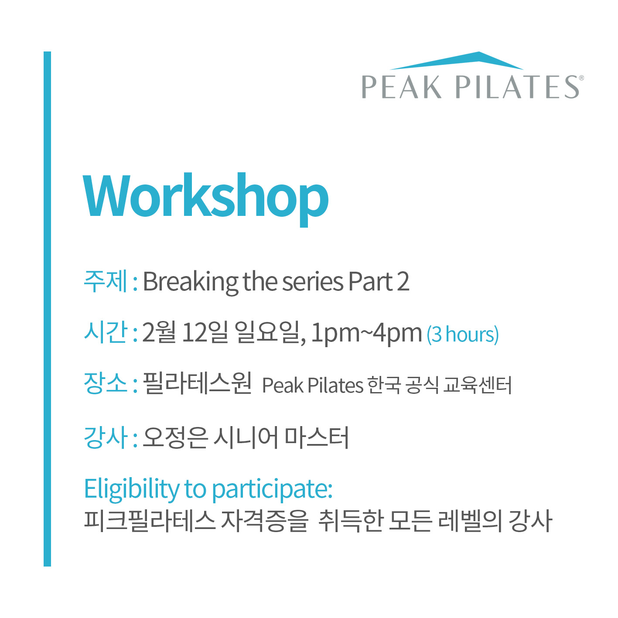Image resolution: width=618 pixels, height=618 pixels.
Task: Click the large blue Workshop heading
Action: [x=205, y=199]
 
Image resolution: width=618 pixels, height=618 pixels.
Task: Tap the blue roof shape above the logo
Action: [x=457, y=61]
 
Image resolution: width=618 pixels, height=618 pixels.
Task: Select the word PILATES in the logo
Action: [x=517, y=87]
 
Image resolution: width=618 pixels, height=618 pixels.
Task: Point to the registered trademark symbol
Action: [x=581, y=78]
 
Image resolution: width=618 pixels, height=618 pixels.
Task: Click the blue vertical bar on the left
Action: [x=47, y=309]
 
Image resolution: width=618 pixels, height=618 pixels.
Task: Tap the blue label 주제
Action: [x=106, y=281]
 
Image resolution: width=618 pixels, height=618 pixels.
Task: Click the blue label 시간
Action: [x=106, y=332]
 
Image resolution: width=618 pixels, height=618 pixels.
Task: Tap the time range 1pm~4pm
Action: [x=366, y=334]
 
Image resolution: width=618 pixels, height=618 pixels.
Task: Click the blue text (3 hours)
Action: [x=462, y=335]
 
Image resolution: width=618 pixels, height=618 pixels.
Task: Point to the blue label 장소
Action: [x=106, y=383]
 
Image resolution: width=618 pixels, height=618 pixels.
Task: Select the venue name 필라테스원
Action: [x=197, y=383]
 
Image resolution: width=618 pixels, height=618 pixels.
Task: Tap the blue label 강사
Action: [x=106, y=437]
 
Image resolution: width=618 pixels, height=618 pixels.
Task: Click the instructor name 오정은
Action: [x=175, y=437]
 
